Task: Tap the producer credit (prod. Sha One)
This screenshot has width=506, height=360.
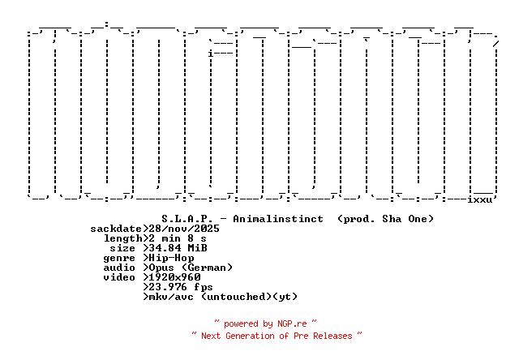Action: [385, 219]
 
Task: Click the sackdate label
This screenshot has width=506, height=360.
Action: [116, 229]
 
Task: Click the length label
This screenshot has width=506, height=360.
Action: [122, 238]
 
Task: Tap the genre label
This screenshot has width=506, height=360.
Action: [119, 258]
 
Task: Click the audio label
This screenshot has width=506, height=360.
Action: [119, 268]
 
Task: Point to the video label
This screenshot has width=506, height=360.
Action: [119, 277]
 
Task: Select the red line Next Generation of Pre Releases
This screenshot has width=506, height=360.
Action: [277, 335]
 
